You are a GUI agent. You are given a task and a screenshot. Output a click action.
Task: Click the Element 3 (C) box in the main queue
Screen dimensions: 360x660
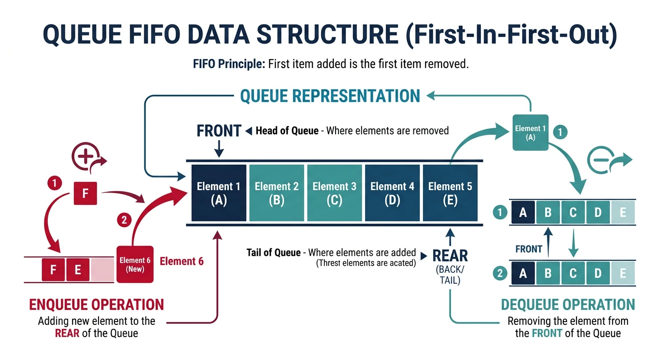[335, 193]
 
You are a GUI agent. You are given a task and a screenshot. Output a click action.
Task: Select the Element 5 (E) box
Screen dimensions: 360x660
[450, 193]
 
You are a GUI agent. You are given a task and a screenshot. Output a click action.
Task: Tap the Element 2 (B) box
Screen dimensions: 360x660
[277, 193]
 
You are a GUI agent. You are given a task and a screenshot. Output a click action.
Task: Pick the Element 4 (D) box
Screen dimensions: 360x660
[392, 193]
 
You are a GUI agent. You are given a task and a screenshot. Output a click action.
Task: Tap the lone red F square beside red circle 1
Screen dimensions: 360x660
[85, 194]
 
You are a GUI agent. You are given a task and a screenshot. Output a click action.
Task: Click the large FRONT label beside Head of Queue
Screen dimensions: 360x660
[219, 131]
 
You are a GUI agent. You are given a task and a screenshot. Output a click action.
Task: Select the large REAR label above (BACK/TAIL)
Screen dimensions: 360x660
[450, 255]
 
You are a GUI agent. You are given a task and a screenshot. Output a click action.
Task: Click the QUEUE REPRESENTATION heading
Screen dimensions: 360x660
[330, 96]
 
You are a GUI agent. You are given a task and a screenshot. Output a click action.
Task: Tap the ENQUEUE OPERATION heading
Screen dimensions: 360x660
[97, 304]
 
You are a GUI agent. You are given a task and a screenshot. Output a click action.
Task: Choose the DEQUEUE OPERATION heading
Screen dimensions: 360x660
[568, 304]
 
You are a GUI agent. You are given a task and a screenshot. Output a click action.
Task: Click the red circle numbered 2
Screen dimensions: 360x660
[124, 220]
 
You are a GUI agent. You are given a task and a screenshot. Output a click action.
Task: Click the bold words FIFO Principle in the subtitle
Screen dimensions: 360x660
[229, 64]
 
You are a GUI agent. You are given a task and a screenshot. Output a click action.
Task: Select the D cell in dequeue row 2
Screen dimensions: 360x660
[598, 273]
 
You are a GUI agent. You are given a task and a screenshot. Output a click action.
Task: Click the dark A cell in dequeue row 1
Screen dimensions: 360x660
[523, 213]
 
